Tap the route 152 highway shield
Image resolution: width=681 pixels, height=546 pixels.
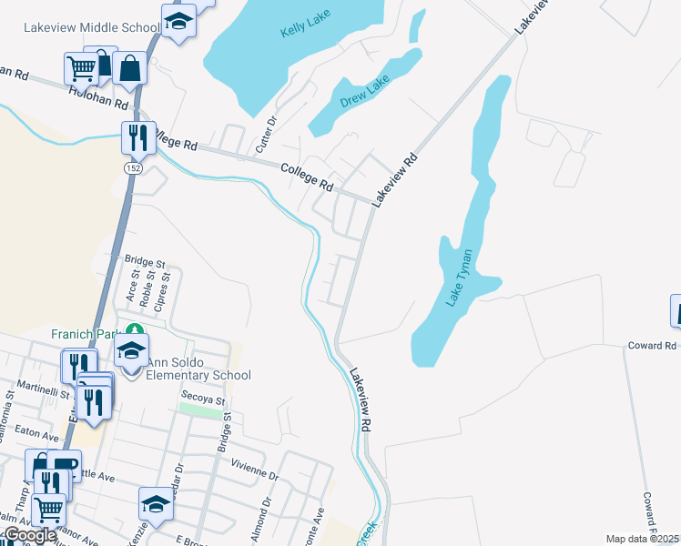[x=131, y=169]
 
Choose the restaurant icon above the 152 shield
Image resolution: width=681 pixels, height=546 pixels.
[x=138, y=138]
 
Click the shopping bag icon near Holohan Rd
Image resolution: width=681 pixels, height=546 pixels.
[x=130, y=69]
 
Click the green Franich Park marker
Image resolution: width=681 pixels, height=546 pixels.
[x=135, y=330]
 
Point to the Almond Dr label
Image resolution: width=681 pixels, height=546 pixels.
[x=267, y=514]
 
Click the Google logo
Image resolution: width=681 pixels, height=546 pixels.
[x=29, y=535]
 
